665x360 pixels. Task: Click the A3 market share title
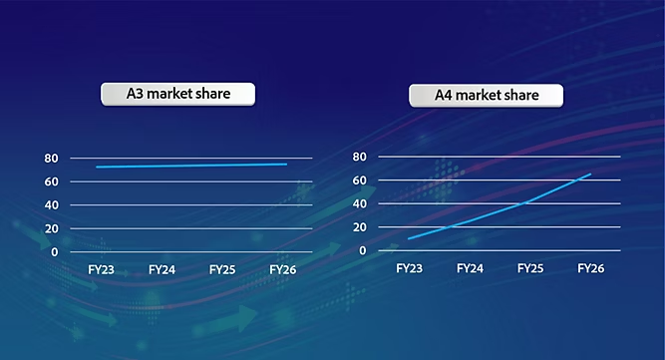tap(178, 95)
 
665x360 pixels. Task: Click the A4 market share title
tap(487, 96)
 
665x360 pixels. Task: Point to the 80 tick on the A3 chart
tap(50, 159)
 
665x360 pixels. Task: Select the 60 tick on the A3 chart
tap(50, 181)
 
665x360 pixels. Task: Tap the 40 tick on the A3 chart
tap(50, 205)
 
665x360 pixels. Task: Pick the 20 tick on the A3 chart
tap(50, 228)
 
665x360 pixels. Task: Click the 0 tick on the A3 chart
tap(54, 252)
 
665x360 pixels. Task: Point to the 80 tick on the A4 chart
tap(360, 157)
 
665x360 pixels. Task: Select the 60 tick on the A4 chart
tap(360, 180)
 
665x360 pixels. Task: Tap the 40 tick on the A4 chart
tap(360, 203)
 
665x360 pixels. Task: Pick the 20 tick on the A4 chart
tap(360, 227)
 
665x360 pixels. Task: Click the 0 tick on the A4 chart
tap(364, 250)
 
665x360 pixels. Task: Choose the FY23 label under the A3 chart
tap(101, 270)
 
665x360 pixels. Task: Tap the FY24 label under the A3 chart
tap(163, 270)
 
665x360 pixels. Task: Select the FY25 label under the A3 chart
tap(223, 270)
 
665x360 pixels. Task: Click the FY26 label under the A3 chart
tap(285, 270)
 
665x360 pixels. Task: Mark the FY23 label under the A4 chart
tap(409, 268)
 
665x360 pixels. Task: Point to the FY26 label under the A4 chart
tap(591, 268)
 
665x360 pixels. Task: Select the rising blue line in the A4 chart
tap(499, 211)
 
